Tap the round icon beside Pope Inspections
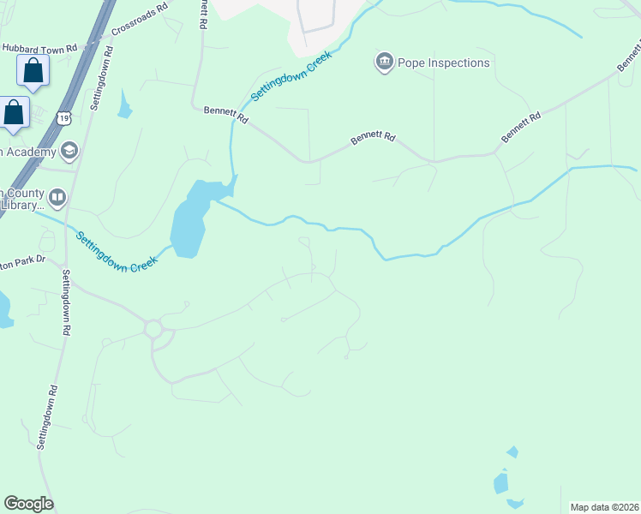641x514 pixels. click(383, 62)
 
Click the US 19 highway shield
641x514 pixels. click(64, 118)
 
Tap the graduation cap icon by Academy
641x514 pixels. click(69, 152)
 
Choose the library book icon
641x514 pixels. click(57, 199)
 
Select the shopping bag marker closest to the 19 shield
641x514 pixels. click(14, 113)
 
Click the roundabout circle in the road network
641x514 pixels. click(154, 328)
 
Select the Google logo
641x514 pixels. click(28, 504)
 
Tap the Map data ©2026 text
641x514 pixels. click(605, 507)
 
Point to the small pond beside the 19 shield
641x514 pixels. click(125, 105)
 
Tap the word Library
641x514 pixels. click(21, 206)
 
